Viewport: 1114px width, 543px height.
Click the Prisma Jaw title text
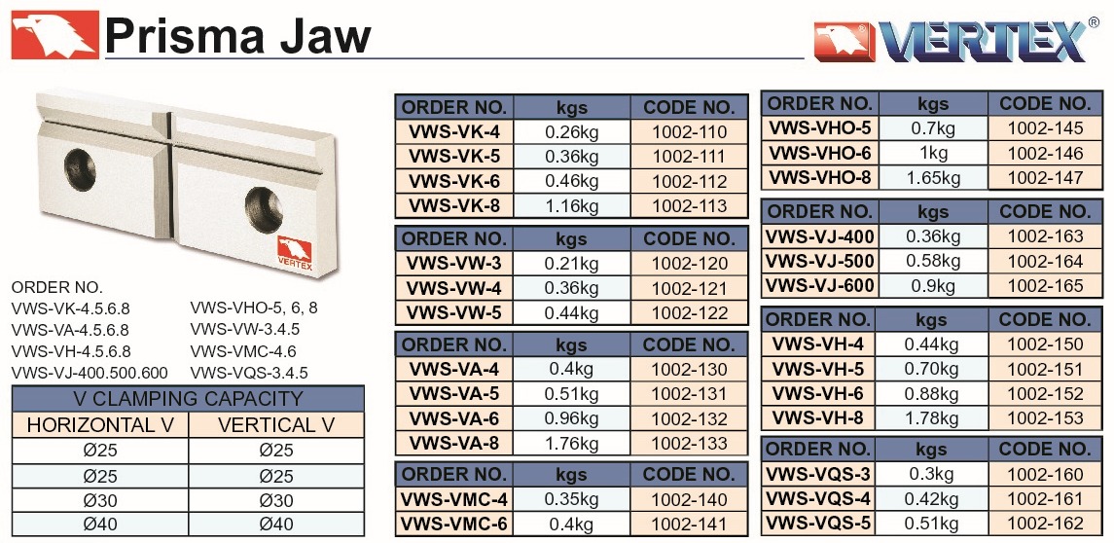pyautogui.click(x=238, y=35)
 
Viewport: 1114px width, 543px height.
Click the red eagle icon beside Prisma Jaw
pyautogui.click(x=54, y=35)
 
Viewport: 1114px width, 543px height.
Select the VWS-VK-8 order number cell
pyautogui.click(x=453, y=205)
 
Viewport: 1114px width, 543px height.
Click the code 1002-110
pyautogui.click(x=689, y=132)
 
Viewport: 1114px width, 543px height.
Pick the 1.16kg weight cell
pyautogui.click(x=571, y=205)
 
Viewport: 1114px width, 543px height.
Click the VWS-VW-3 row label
pyautogui.click(x=453, y=264)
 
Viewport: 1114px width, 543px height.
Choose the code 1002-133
pyautogui.click(x=689, y=444)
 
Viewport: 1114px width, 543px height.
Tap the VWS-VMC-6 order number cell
pyautogui.click(x=453, y=525)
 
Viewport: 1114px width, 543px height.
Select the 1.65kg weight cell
pyautogui.click(x=932, y=178)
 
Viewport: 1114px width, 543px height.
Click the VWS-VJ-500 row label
pyautogui.click(x=820, y=261)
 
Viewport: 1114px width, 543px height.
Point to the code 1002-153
pyautogui.click(x=1045, y=417)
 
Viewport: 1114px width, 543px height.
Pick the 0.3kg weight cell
pyautogui.click(x=932, y=475)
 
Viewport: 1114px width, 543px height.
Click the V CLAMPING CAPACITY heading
pyautogui.click(x=188, y=399)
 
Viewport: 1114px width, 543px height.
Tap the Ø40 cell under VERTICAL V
pyautogui.click(x=276, y=525)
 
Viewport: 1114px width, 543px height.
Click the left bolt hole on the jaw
pyautogui.click(x=73, y=161)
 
